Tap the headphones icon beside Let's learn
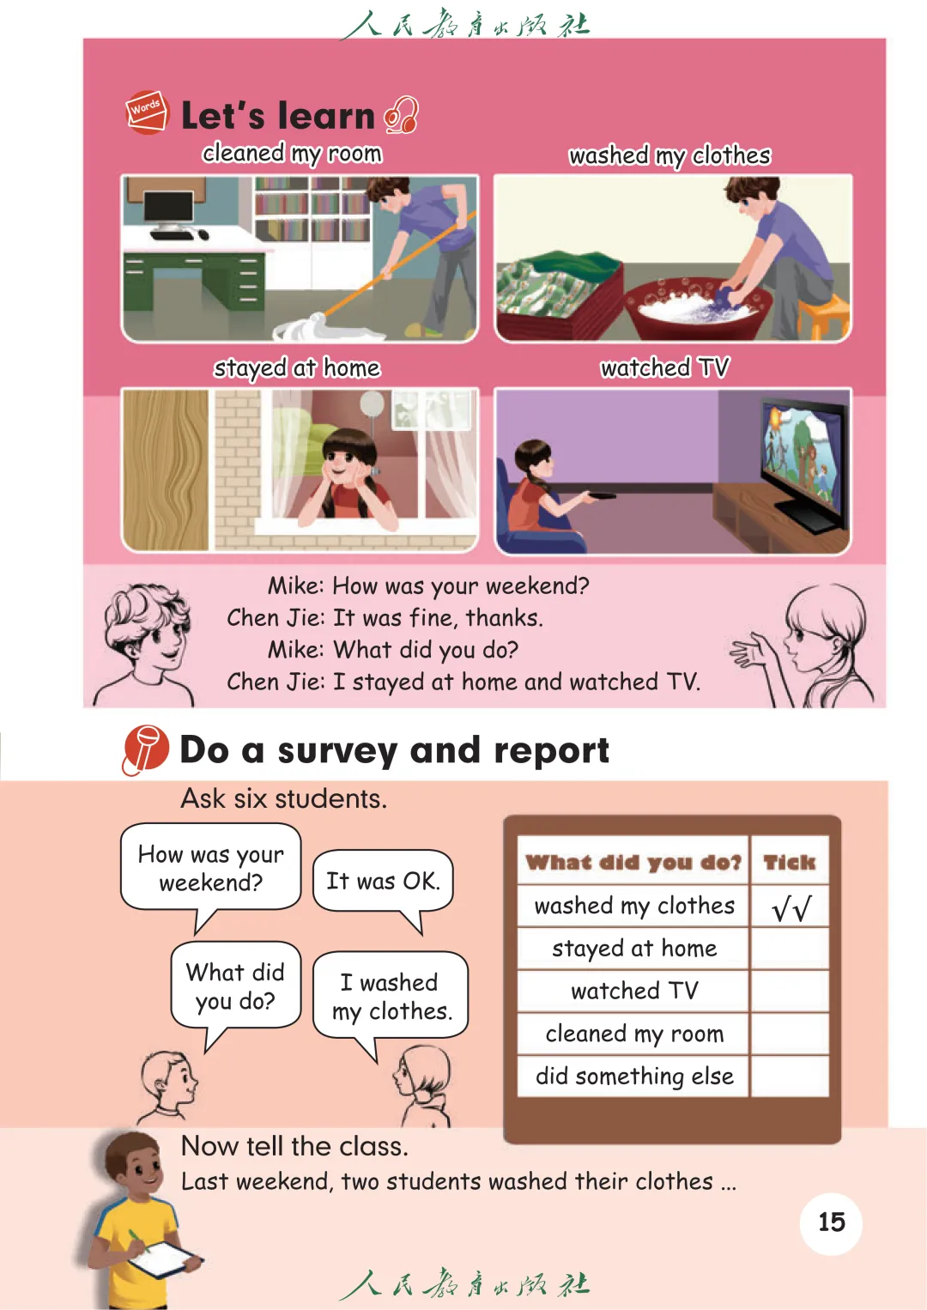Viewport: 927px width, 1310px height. click(401, 115)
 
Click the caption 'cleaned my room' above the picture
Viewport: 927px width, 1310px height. click(292, 154)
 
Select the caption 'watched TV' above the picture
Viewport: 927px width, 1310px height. click(665, 368)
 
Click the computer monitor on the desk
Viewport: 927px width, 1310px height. click(168, 209)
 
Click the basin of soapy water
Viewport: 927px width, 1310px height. click(698, 308)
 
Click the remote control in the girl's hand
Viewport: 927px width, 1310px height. click(602, 496)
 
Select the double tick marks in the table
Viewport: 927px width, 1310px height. click(791, 907)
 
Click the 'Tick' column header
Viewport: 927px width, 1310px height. click(789, 862)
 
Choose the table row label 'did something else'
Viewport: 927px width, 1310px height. click(634, 1077)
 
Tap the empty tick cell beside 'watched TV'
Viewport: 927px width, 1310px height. click(790, 992)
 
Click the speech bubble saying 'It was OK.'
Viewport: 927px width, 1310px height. click(383, 881)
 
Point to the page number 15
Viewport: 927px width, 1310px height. click(831, 1222)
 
